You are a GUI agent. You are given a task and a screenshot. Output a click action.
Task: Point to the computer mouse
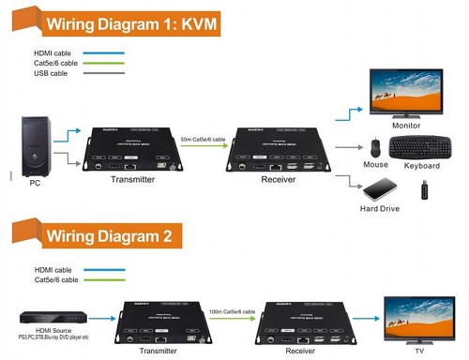[375, 148]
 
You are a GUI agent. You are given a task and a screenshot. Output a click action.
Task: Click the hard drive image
[377, 188]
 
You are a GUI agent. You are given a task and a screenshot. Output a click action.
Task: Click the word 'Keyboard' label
[423, 167]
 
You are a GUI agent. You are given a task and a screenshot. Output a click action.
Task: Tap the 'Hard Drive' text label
[379, 208]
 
